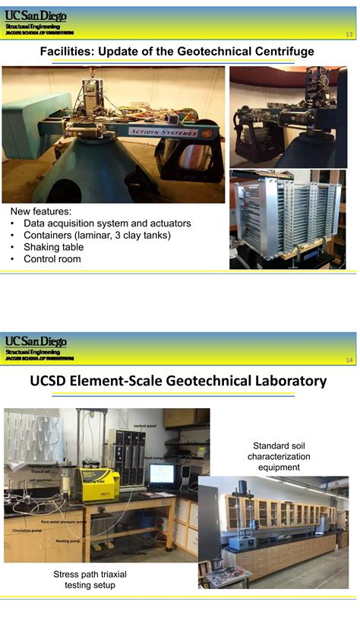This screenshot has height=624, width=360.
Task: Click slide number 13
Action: pos(349,35)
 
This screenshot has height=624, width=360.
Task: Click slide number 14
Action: pos(349,360)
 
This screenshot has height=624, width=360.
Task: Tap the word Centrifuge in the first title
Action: pos(283,52)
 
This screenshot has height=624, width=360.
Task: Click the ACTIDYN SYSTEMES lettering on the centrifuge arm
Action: pos(163,133)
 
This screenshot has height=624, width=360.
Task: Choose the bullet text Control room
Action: pos(52,259)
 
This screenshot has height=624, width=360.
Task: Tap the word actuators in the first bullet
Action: pos(168,223)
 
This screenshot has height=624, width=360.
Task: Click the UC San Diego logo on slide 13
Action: pos(36,15)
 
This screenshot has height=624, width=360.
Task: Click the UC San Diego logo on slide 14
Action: pos(36,341)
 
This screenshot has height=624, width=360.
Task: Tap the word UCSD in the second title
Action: pos(53,380)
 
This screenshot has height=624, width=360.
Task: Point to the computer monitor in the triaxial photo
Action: pos(162,474)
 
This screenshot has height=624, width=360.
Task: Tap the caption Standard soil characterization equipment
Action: pos(279,456)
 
